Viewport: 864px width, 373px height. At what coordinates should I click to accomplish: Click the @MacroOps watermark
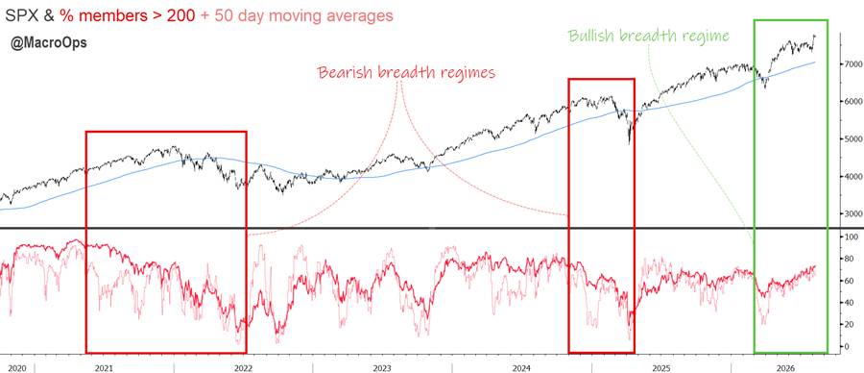49,43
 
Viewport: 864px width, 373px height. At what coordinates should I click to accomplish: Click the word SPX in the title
22,15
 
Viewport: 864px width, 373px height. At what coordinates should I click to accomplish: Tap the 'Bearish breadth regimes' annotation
406,72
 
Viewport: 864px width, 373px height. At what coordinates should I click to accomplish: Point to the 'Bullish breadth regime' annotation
649,37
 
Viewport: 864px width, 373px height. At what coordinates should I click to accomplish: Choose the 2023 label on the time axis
381,367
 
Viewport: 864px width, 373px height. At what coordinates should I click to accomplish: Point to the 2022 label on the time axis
243,367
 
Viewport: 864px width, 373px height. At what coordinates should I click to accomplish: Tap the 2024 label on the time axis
521,367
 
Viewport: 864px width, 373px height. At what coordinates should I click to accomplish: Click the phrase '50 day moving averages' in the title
302,15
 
